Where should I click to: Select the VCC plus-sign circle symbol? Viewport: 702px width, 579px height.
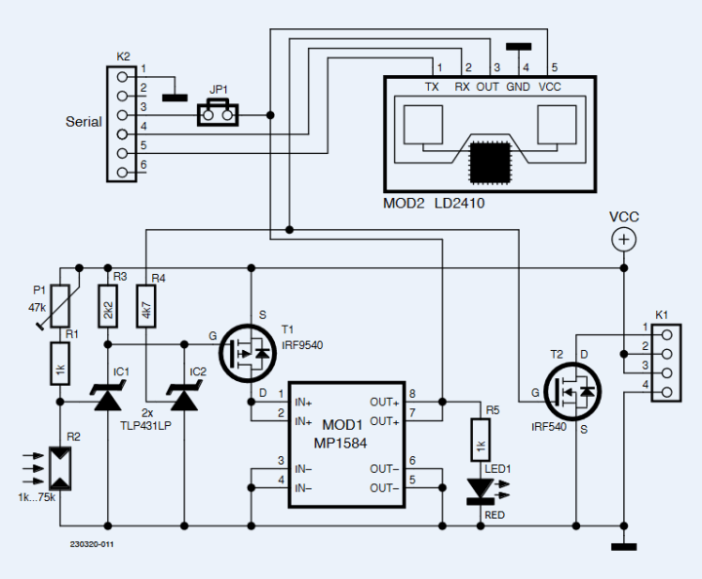623,239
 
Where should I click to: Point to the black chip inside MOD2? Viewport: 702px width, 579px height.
489,162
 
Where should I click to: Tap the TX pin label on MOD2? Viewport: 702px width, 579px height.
432,87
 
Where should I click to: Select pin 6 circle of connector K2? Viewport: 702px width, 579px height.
122,172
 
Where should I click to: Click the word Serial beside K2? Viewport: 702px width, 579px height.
83,122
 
